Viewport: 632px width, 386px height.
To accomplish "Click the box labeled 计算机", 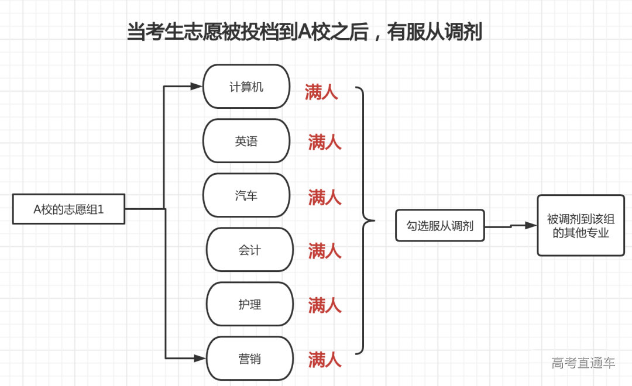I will point(246,87).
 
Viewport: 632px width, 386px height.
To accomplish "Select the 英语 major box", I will point(246,141).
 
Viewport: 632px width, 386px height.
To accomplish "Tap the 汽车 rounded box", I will point(246,195).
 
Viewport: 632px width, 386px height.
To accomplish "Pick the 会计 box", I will point(250,250).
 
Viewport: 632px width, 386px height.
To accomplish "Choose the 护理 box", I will point(250,304).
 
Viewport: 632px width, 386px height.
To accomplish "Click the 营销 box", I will point(250,359).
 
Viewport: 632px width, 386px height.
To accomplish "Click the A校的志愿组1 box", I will point(68,209).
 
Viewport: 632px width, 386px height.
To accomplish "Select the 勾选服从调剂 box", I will point(440,225).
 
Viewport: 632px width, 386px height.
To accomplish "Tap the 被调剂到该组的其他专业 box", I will point(581,226).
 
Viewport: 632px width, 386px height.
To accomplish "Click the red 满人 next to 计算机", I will point(321,92).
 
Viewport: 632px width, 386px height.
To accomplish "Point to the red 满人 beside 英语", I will point(325,142).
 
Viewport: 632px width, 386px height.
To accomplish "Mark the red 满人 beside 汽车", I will point(325,197).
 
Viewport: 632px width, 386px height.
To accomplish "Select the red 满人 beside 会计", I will point(325,251).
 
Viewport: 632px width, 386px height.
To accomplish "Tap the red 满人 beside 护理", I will point(325,305).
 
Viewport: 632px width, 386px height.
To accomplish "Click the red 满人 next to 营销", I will point(325,359).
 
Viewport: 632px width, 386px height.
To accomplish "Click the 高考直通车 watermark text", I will point(583,363).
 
